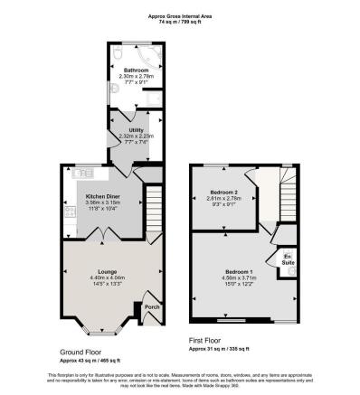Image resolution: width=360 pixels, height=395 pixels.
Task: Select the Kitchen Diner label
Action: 104,195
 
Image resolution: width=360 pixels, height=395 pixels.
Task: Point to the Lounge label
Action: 106,271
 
